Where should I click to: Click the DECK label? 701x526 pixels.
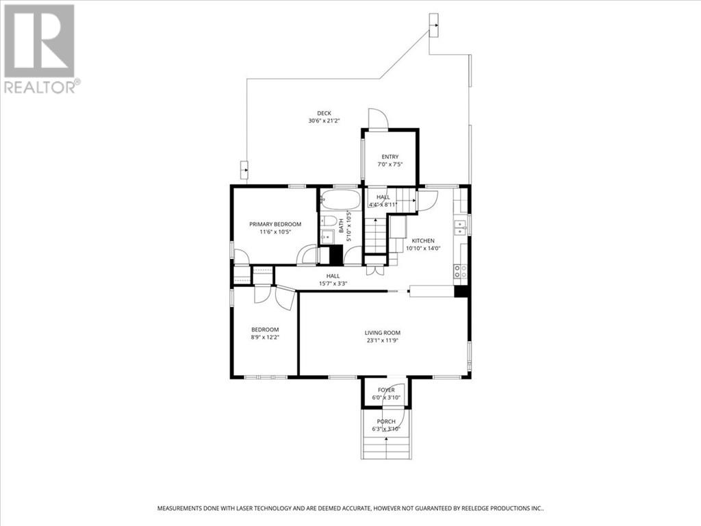pyautogui.click(x=324, y=113)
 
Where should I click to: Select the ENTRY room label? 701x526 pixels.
pyautogui.click(x=390, y=157)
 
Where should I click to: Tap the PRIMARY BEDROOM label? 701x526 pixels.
pyautogui.click(x=275, y=224)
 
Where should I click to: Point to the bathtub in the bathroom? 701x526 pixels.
pyautogui.click(x=340, y=200)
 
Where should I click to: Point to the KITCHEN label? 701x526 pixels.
pyautogui.click(x=422, y=240)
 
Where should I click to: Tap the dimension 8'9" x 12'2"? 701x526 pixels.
pyautogui.click(x=264, y=337)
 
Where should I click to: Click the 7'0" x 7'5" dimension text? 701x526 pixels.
pyautogui.click(x=390, y=164)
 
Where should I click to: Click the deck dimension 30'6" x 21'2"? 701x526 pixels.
pyautogui.click(x=324, y=121)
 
